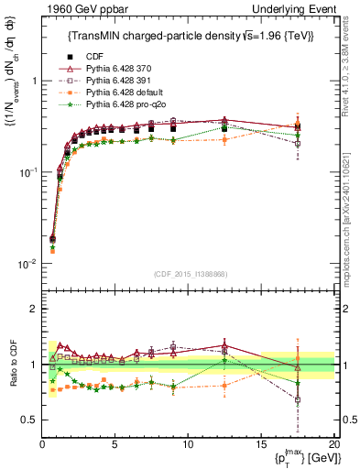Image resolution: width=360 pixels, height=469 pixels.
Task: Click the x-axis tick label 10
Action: click(188, 444)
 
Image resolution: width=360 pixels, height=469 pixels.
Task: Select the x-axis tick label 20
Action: click(333, 444)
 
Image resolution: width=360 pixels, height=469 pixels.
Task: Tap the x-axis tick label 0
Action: click(42, 444)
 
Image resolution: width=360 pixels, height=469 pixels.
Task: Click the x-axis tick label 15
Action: click(261, 444)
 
